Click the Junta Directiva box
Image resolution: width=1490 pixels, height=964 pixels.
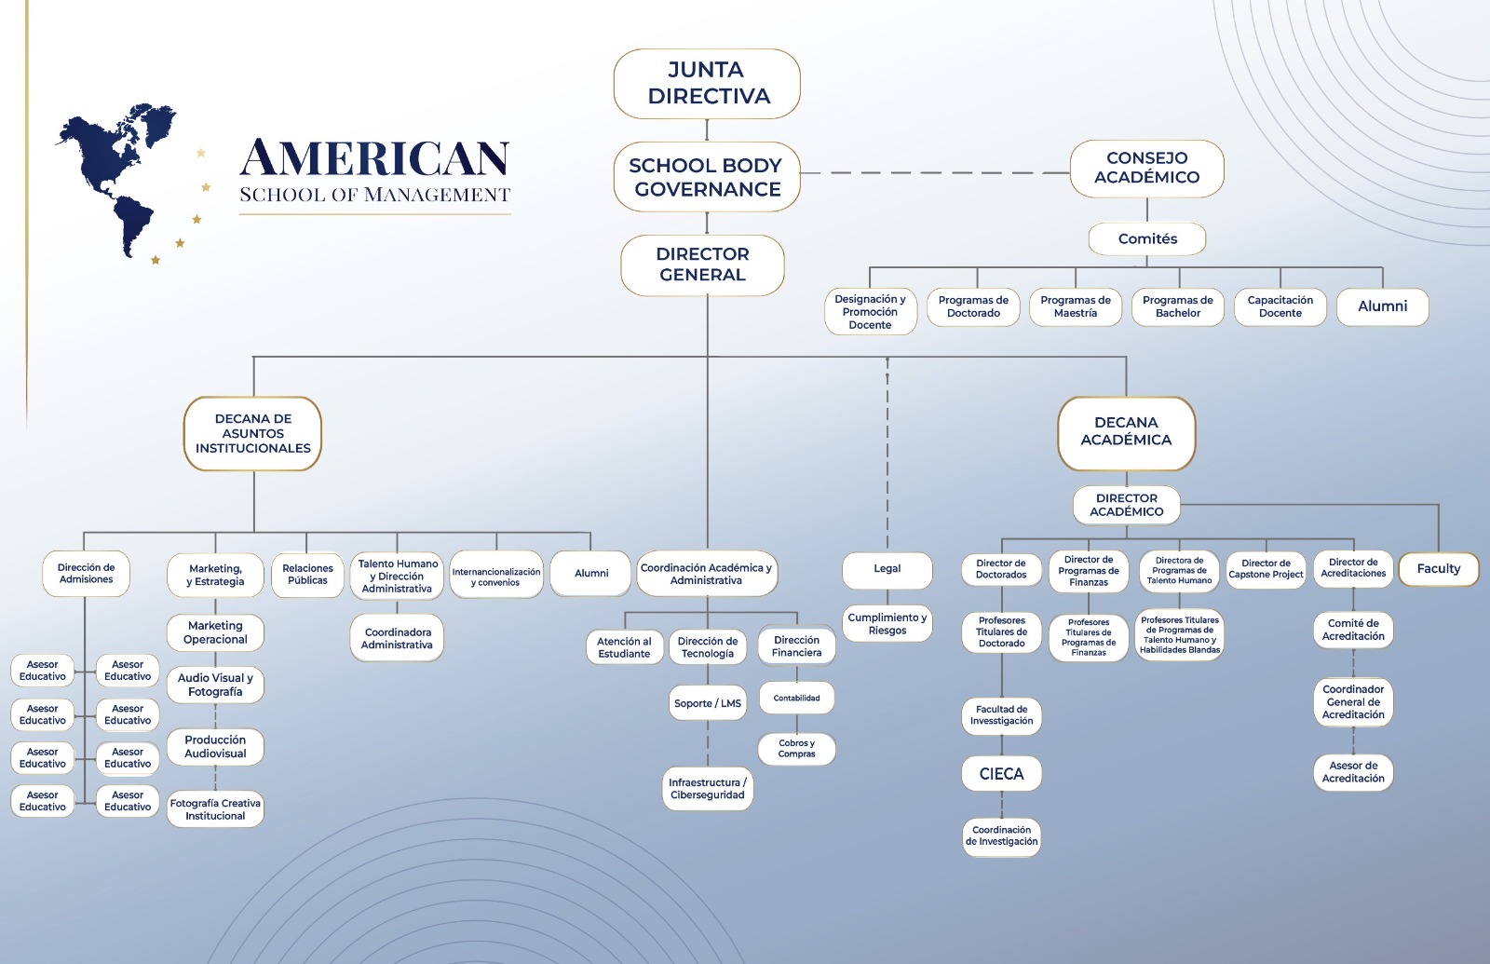click(707, 84)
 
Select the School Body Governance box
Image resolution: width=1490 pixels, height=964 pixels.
click(707, 177)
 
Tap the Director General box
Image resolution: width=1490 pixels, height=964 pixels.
click(702, 265)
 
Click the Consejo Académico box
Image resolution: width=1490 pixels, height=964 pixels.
click(1146, 169)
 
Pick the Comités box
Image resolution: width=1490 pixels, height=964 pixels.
click(1147, 238)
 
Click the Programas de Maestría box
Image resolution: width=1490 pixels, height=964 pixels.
click(1076, 306)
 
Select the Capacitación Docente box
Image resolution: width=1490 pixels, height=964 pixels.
click(1280, 306)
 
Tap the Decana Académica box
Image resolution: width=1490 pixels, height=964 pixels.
click(1126, 433)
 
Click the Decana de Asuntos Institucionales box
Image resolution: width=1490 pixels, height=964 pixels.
click(252, 434)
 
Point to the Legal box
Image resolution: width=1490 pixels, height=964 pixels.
click(887, 569)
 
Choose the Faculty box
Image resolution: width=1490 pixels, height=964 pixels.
click(1439, 569)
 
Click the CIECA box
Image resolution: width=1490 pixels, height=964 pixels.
click(1002, 774)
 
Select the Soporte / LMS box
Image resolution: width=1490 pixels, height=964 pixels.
click(708, 703)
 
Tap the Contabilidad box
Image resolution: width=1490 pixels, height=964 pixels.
click(797, 698)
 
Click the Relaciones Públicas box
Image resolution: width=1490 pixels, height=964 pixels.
click(307, 575)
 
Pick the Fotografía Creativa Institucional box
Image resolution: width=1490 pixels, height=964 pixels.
click(215, 809)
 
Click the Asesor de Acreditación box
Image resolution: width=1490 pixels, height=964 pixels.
click(1354, 772)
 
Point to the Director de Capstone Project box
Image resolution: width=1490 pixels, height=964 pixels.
click(1266, 569)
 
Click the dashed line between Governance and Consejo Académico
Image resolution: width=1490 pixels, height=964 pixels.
click(935, 173)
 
